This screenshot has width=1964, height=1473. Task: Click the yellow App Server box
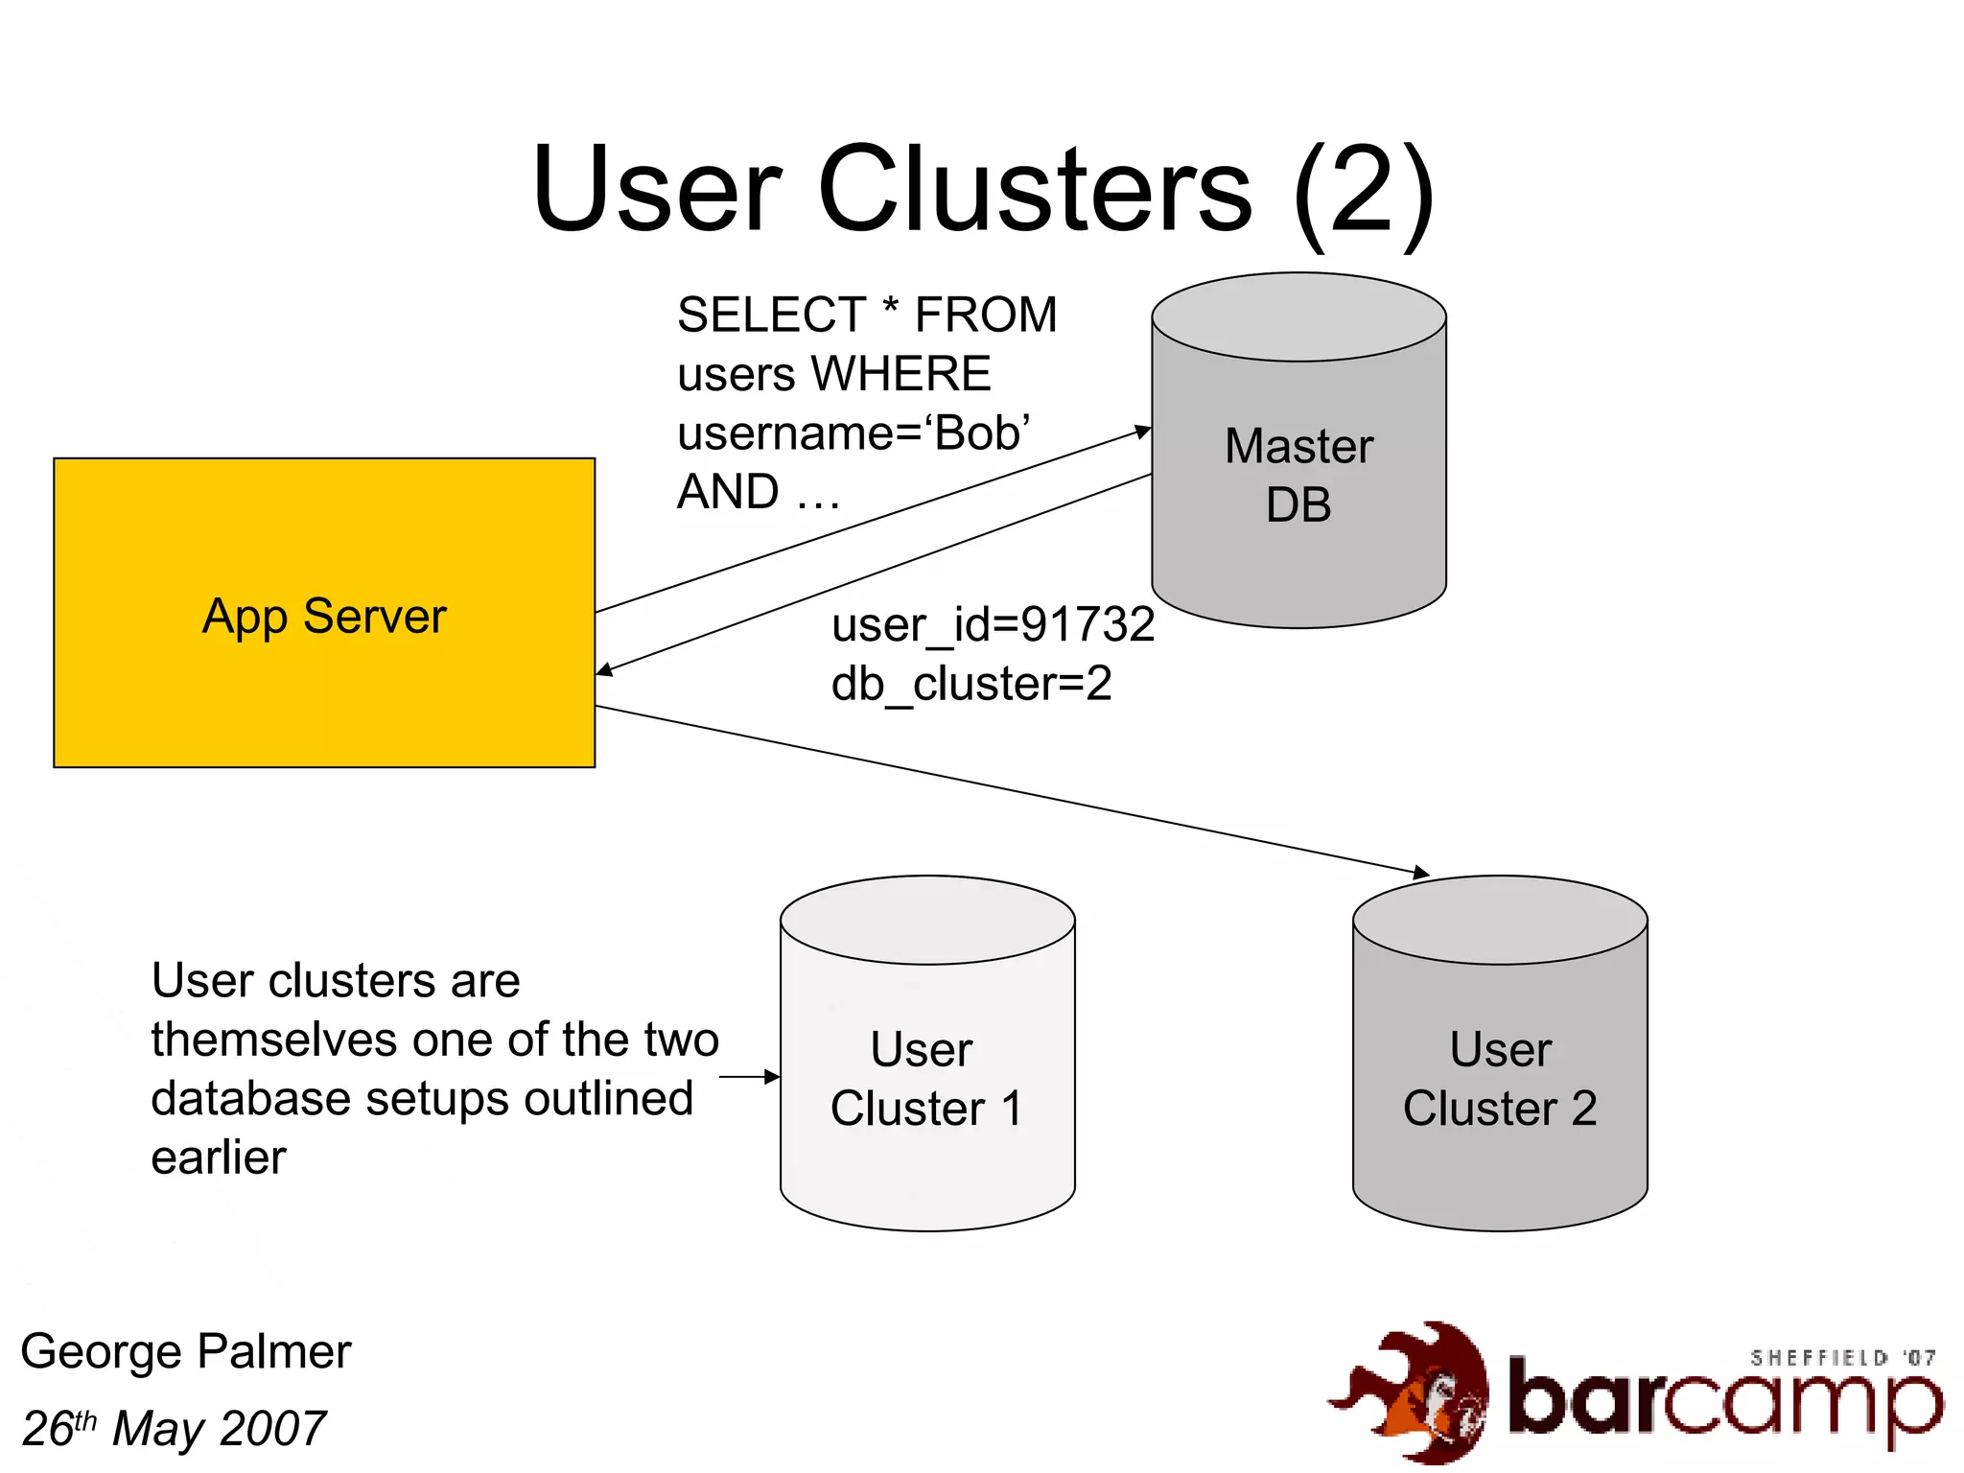tap(324, 614)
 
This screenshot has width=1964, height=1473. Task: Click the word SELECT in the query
tap(771, 316)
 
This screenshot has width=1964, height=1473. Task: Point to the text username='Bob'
tap(853, 433)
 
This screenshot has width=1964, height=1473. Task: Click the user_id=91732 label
tap(993, 625)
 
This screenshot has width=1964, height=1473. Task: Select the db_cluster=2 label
tap(970, 685)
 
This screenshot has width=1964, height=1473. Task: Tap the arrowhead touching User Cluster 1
tap(773, 1077)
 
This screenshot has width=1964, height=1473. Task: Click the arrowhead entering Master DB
tap(1143, 431)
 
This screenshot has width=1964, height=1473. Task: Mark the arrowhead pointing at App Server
tap(604, 669)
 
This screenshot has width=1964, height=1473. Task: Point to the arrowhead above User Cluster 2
tap(1421, 873)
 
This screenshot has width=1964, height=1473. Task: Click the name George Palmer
tap(186, 1352)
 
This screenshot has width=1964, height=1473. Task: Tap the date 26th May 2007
tap(174, 1429)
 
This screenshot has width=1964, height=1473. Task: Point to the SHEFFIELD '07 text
tap(1841, 1358)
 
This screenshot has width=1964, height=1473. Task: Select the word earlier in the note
tap(219, 1157)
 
